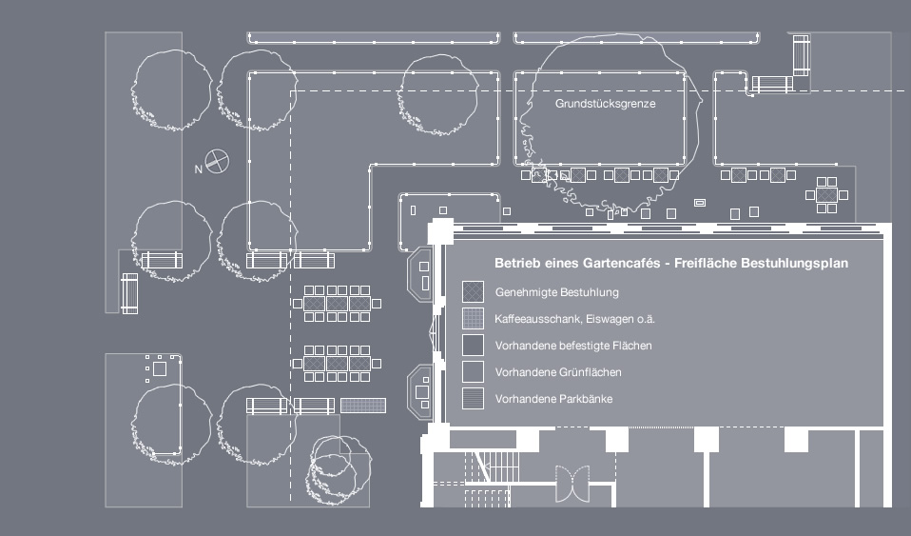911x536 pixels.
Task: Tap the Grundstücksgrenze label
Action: tap(606, 104)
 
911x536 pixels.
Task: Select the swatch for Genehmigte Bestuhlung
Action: tap(473, 291)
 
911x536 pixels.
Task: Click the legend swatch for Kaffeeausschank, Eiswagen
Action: tap(473, 318)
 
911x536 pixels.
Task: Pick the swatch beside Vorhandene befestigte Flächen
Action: tap(473, 345)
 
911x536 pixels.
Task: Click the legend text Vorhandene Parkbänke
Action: tap(553, 399)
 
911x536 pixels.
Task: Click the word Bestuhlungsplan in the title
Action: tap(794, 263)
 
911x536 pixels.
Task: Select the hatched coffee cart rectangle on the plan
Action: tap(363, 406)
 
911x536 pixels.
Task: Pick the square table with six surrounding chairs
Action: tap(825, 194)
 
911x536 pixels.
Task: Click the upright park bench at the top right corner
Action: tap(801, 56)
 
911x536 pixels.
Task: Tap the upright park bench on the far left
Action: tap(129, 293)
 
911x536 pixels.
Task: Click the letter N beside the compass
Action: tap(199, 169)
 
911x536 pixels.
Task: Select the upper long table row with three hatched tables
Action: tap(338, 303)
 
